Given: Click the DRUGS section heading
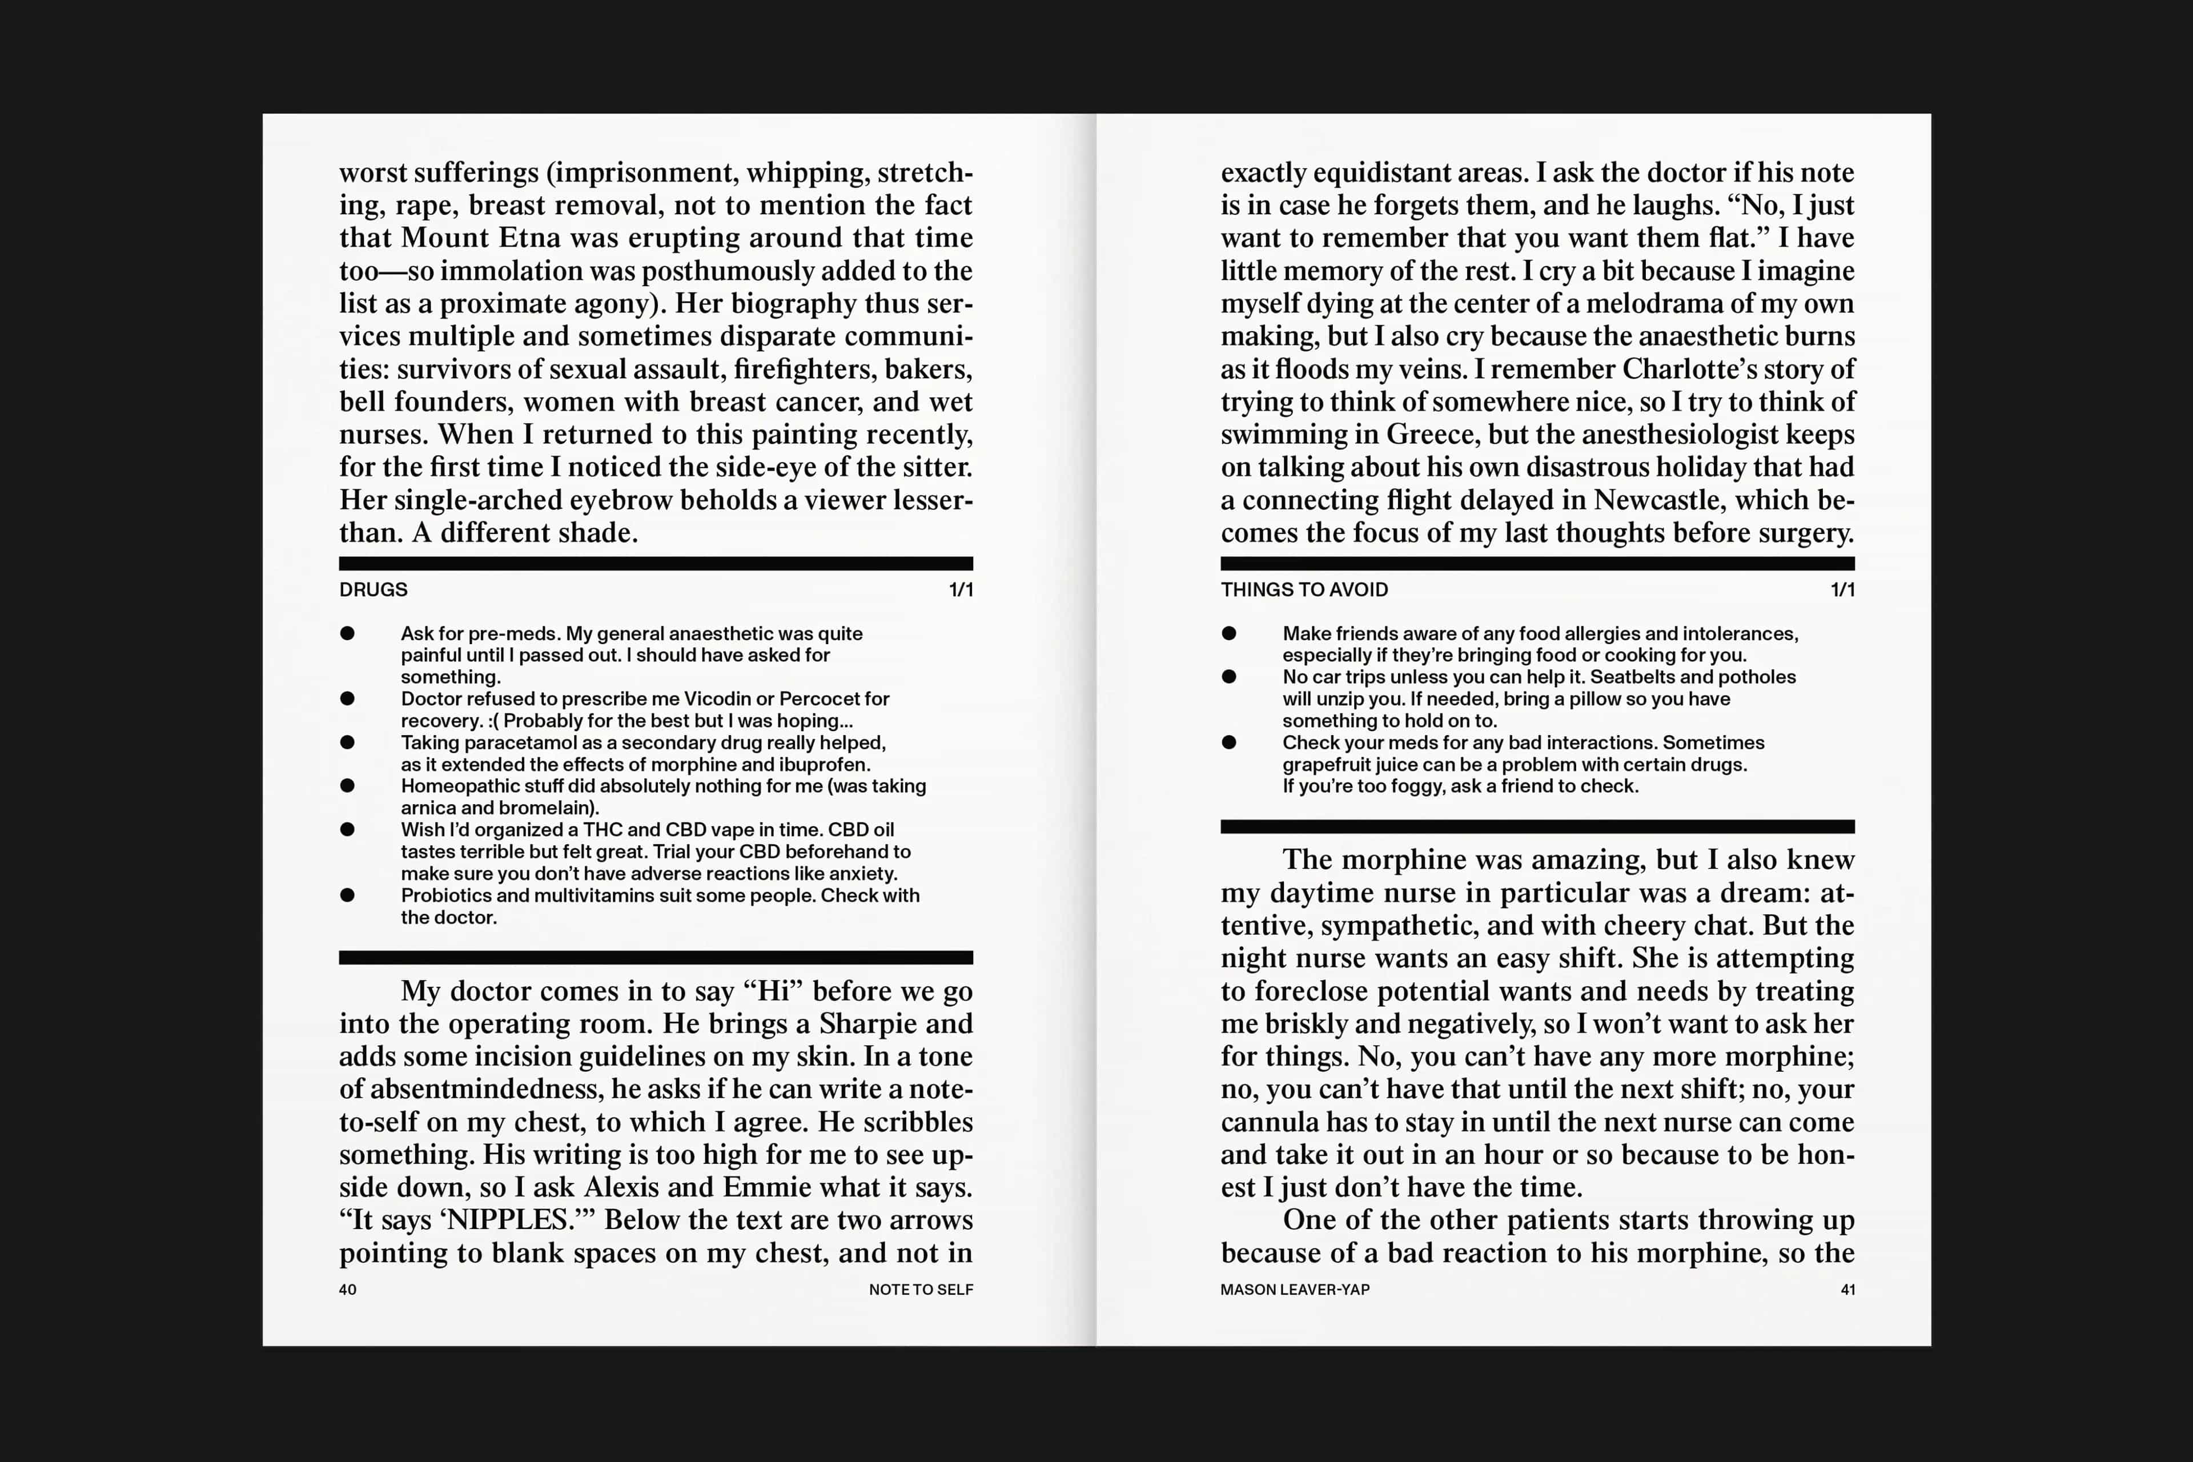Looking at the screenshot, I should [x=373, y=589].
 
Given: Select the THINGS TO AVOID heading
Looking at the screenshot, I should [x=1303, y=589].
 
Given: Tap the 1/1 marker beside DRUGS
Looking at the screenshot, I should [x=961, y=589].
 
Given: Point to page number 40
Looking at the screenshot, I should [x=347, y=1290].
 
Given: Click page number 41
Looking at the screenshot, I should [x=1847, y=1290].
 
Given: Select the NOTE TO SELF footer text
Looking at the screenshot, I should [x=920, y=1290].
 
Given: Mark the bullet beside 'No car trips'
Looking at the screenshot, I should [x=1229, y=677].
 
